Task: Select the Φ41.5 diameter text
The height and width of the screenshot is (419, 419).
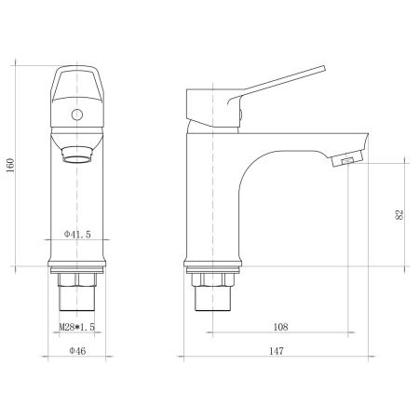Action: [x=77, y=234]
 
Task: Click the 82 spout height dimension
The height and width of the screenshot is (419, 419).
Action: [x=400, y=213]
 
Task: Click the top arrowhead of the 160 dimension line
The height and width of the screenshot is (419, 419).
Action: [x=17, y=66]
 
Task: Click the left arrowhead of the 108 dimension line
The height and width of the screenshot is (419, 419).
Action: [x=207, y=334]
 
